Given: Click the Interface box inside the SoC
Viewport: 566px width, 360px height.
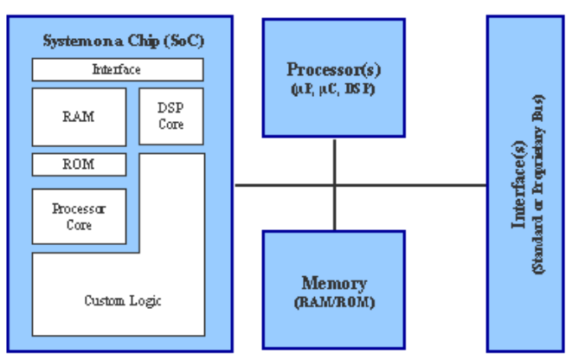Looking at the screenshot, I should tap(118, 69).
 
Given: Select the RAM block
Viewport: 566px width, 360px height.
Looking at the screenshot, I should tap(79, 116).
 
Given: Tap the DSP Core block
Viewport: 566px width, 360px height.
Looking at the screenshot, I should tap(171, 116).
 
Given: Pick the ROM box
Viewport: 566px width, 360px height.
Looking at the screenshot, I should tap(79, 164).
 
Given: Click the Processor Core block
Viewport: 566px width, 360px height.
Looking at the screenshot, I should tap(79, 216).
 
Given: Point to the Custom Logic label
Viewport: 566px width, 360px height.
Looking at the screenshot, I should tap(122, 301).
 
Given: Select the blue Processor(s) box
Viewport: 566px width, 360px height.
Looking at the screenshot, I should tap(333, 77).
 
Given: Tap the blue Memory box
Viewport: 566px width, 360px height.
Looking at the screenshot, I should tap(333, 290).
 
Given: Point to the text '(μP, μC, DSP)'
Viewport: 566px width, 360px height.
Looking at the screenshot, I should tap(333, 87).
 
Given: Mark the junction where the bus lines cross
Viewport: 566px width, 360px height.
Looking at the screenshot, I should tap(334, 184).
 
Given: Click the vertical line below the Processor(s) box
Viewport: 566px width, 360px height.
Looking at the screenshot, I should tap(334, 160).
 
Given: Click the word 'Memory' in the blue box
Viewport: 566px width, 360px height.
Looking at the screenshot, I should tap(333, 284).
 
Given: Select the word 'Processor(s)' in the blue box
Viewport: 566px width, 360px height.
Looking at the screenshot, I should tap(333, 70).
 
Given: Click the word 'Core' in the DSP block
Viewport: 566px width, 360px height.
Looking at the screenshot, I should tap(171, 125).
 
